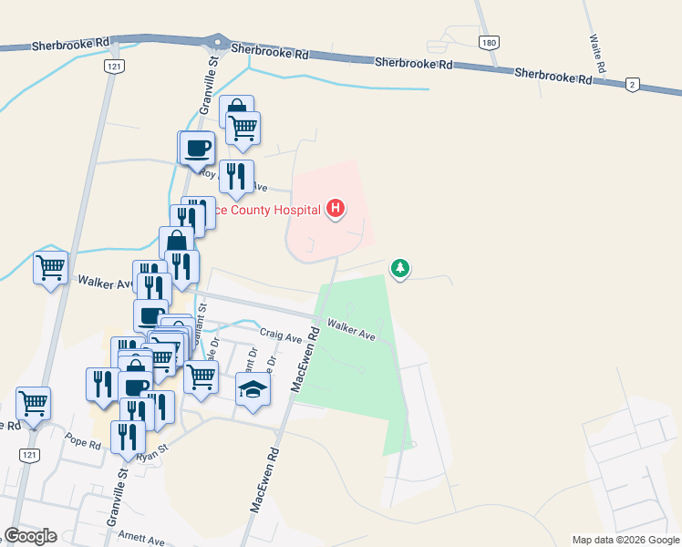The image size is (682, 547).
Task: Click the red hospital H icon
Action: [336, 210]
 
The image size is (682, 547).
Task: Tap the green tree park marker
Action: [399, 268]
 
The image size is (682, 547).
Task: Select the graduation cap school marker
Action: [253, 390]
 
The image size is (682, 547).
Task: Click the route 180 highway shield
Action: [490, 43]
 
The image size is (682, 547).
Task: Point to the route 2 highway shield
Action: [632, 84]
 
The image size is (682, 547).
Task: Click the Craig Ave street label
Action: [281, 336]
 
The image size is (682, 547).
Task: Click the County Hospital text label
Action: [266, 211]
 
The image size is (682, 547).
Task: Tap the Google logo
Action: [30, 536]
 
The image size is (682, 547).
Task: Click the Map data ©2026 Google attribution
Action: [625, 540]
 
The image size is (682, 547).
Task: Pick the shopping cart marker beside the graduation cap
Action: [201, 375]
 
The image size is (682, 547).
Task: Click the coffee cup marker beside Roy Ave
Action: [195, 148]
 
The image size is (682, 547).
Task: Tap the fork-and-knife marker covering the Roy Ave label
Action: [236, 175]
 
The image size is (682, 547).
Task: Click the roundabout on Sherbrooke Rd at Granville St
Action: [217, 42]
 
